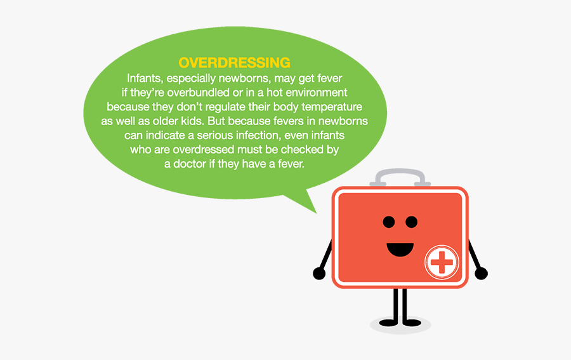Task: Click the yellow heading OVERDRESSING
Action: [234, 63]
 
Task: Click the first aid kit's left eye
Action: [389, 222]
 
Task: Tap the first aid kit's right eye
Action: [412, 222]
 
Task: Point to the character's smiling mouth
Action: [400, 248]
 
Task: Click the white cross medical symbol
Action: [441, 262]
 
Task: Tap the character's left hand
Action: [319, 274]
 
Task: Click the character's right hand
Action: [482, 274]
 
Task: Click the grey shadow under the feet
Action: [400, 325]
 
